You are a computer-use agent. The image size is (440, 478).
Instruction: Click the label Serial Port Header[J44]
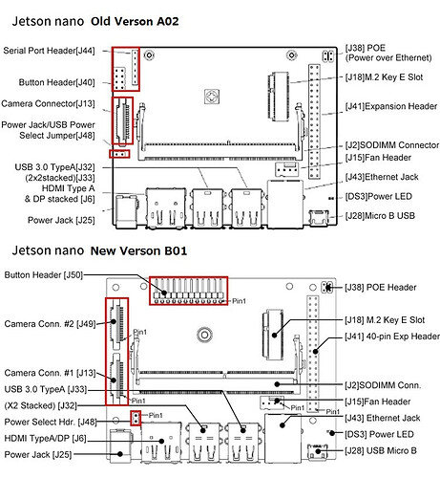[49, 51]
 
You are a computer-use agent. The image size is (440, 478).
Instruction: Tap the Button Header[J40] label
[56, 82]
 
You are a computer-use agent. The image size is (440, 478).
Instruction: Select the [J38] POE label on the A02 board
[366, 48]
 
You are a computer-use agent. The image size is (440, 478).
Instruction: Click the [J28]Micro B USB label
[380, 216]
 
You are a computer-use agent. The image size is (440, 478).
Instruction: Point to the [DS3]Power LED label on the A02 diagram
[379, 197]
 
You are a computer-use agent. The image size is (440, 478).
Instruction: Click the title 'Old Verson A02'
[135, 21]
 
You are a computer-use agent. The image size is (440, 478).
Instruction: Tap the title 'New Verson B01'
[138, 250]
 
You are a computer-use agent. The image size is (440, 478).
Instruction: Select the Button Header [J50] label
[44, 275]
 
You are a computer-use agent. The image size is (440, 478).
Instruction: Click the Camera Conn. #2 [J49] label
[50, 324]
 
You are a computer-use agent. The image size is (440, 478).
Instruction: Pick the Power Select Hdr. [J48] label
[51, 422]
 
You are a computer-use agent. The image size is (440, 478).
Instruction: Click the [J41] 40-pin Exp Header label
[392, 337]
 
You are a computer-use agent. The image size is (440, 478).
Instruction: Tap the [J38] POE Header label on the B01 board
[381, 288]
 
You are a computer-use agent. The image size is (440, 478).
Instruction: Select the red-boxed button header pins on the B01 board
[189, 291]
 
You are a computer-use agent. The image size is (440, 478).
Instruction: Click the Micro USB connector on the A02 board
[319, 217]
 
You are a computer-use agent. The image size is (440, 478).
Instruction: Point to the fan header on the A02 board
[286, 169]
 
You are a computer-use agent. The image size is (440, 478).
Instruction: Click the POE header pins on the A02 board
[327, 56]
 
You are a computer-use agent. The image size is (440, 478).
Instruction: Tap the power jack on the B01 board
[120, 445]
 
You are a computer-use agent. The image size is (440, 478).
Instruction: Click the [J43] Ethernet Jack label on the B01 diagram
[383, 418]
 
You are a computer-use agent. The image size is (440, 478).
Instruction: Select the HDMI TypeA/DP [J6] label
[45, 439]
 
